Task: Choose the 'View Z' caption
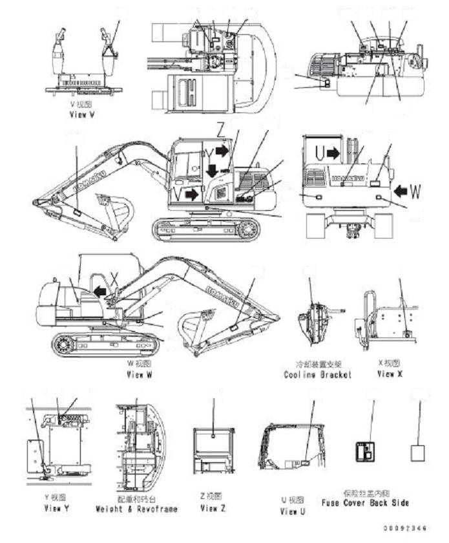click(x=213, y=509)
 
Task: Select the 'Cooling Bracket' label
click(x=318, y=375)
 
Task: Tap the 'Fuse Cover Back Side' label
click(x=365, y=503)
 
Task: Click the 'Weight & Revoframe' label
click(x=136, y=509)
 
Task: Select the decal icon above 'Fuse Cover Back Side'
click(x=366, y=452)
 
